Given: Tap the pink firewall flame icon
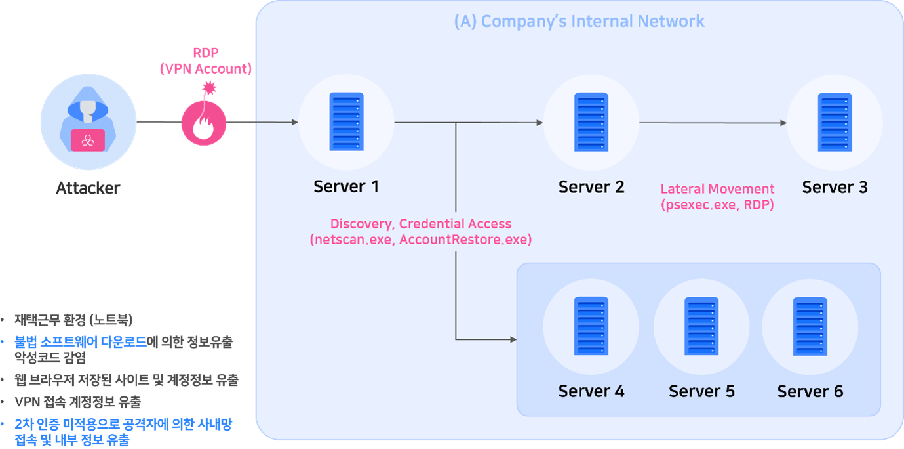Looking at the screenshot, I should (x=204, y=123).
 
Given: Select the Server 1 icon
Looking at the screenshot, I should (x=346, y=122).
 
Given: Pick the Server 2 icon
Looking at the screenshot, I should (x=591, y=122).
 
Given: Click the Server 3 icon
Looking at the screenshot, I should (x=835, y=122).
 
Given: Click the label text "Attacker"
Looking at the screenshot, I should (x=88, y=188).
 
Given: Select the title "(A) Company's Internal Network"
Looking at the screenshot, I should (x=579, y=21).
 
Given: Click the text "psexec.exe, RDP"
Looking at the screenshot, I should (x=717, y=205).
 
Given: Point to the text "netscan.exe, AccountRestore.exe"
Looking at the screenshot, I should (x=420, y=240).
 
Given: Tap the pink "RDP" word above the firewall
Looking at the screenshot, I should (x=205, y=53).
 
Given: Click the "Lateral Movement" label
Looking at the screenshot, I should (x=717, y=189).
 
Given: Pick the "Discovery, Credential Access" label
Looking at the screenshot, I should (x=420, y=224).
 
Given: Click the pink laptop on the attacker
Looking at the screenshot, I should (x=88, y=140).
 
